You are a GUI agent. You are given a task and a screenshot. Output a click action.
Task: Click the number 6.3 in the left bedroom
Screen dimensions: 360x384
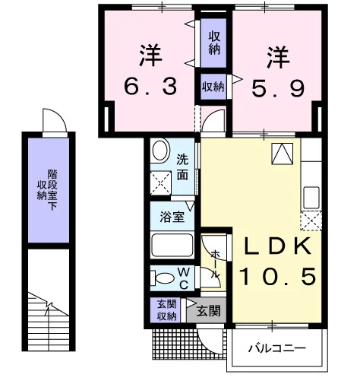[150, 86]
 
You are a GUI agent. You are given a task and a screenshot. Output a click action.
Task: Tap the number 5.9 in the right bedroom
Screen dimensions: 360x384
[278, 89]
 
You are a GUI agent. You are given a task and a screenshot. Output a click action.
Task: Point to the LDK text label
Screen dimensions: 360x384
[277, 246]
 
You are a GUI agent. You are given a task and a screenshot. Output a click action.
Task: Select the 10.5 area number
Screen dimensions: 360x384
[278, 276]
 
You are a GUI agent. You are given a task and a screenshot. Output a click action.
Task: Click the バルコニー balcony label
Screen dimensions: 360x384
[277, 348]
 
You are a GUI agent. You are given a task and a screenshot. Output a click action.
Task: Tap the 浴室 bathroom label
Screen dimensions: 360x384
[172, 217]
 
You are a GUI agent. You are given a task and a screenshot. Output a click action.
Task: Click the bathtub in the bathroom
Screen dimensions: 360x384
[172, 245]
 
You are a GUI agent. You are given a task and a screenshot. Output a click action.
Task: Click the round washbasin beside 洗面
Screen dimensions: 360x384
[160, 151]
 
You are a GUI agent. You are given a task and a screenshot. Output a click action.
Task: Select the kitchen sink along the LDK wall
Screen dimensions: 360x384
[311, 198]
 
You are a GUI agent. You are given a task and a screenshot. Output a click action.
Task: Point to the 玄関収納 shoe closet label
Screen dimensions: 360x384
[166, 310]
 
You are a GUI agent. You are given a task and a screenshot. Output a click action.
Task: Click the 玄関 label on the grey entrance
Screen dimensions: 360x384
[209, 310]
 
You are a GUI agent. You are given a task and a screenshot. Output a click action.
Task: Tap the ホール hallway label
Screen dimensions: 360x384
[215, 264]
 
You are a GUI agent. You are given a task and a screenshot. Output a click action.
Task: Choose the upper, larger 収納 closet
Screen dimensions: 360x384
[213, 43]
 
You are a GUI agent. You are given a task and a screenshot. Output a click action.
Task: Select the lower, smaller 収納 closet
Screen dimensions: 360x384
[213, 87]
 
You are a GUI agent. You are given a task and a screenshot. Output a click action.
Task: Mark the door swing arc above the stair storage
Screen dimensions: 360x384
[60, 115]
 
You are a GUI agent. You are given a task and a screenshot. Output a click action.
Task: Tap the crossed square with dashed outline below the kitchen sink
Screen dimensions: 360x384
[311, 221]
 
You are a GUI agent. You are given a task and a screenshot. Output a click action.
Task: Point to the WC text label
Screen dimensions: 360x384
[184, 279]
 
